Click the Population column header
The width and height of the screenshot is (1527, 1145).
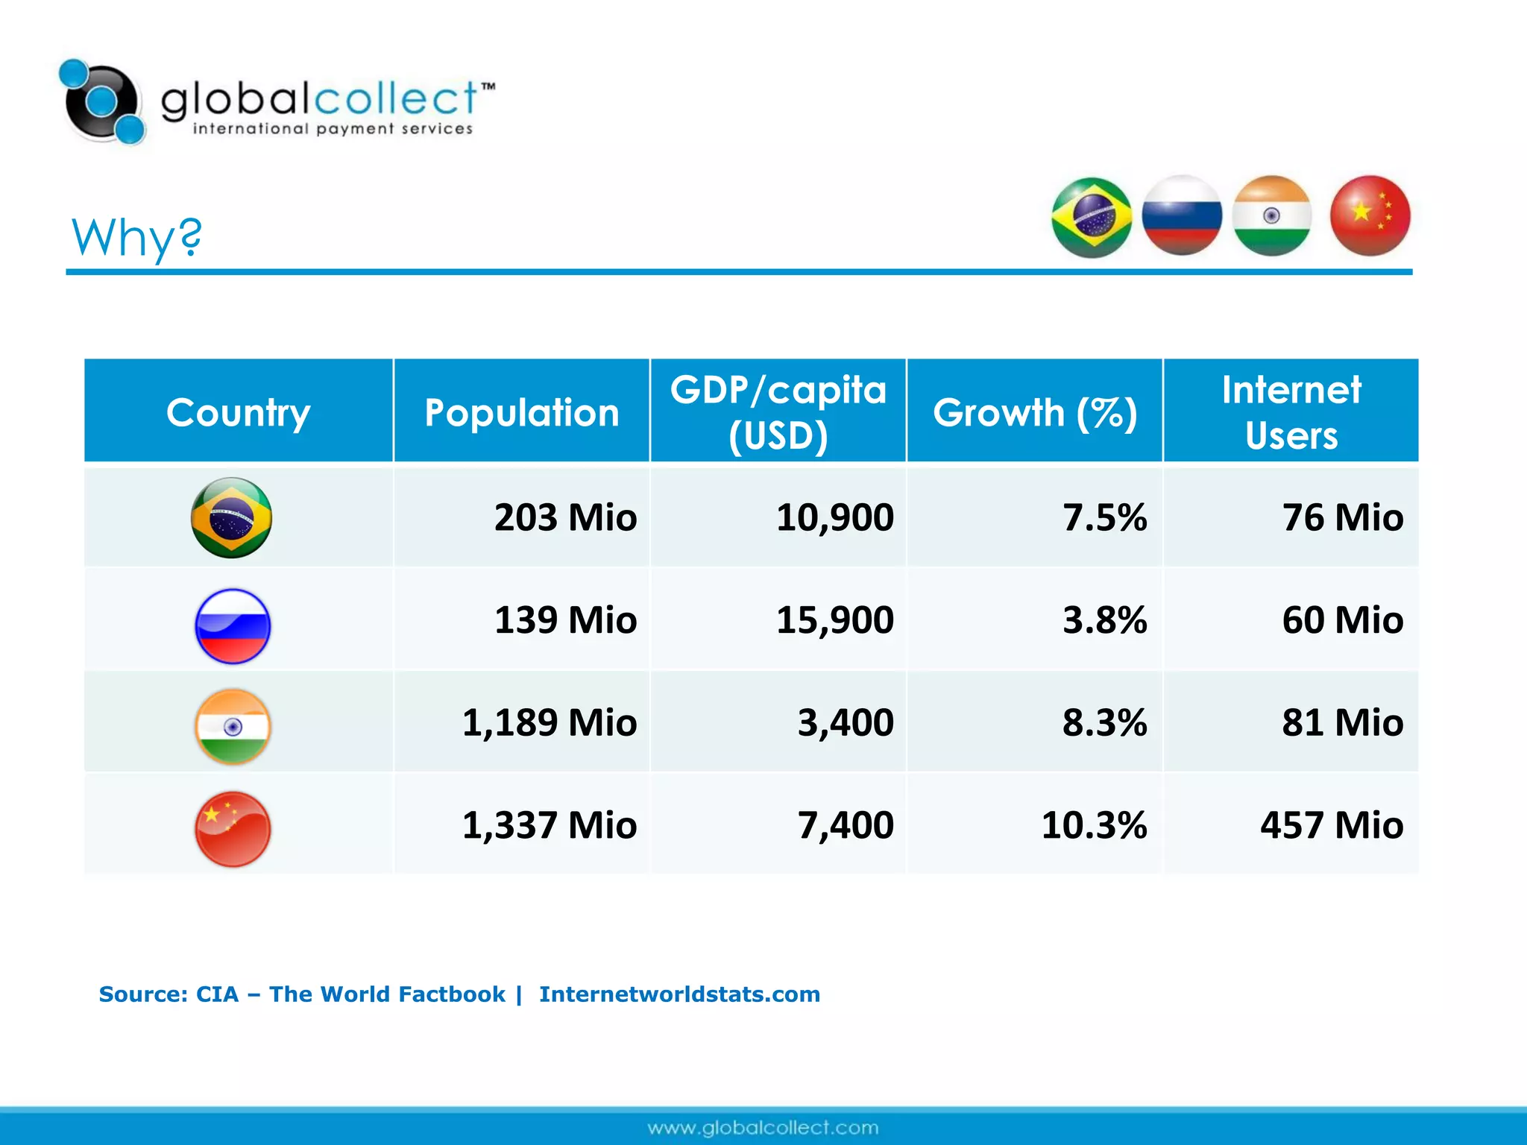click(x=521, y=412)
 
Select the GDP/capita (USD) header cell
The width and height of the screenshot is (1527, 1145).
click(x=778, y=412)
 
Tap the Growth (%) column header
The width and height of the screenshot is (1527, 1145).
click(x=1034, y=412)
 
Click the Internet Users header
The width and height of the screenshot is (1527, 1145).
click(x=1291, y=412)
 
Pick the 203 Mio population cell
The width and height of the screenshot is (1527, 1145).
click(x=565, y=517)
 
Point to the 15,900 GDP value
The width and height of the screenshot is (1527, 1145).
click(x=834, y=620)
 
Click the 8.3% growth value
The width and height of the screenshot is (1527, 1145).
click(x=1104, y=722)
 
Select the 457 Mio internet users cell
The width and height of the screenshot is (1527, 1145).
click(x=1332, y=825)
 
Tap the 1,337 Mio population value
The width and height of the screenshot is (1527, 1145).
click(x=550, y=825)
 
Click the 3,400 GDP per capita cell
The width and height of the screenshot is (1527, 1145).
click(x=846, y=722)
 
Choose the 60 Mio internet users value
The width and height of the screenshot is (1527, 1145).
click(x=1342, y=620)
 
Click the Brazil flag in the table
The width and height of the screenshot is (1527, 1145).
click(x=231, y=517)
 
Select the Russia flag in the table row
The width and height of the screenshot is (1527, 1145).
click(x=233, y=626)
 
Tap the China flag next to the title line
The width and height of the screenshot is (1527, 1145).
click(x=1370, y=215)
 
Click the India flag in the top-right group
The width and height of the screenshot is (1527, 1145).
click(x=1271, y=215)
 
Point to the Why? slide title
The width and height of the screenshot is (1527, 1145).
click(x=136, y=237)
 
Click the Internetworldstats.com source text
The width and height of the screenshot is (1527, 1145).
click(x=679, y=994)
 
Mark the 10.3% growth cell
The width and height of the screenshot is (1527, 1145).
click(x=1094, y=825)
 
